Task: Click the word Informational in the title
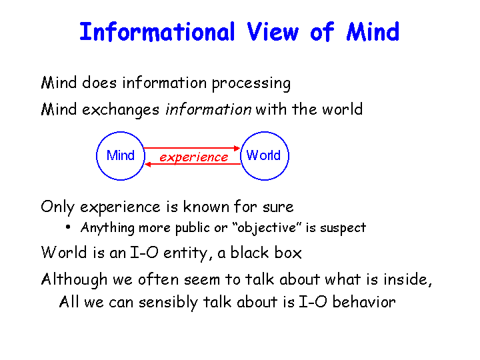click(157, 32)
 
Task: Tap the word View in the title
click(273, 32)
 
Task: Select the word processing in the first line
click(251, 83)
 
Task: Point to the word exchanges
click(121, 110)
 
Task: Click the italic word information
click(209, 109)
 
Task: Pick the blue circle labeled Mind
click(97, 155)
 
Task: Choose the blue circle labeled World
click(289, 155)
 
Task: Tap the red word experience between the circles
click(193, 157)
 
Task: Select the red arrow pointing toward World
click(191, 148)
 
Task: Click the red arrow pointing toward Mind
click(193, 165)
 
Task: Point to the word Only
click(57, 207)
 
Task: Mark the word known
click(206, 206)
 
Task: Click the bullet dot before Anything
click(68, 227)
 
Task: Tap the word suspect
click(343, 228)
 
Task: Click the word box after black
click(288, 253)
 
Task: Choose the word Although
click(75, 280)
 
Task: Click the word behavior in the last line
click(364, 302)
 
